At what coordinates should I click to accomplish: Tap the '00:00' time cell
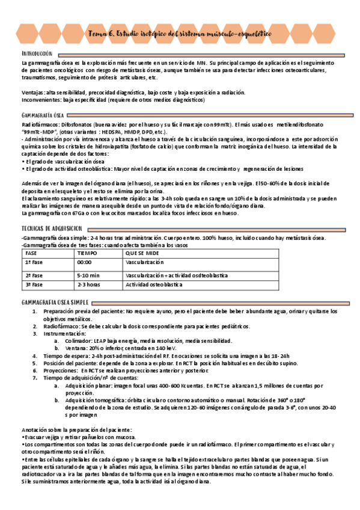click(84, 263)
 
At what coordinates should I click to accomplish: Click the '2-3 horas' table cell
click(89, 284)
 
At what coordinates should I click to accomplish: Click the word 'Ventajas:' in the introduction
click(31, 92)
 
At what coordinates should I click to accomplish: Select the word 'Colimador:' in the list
click(76, 340)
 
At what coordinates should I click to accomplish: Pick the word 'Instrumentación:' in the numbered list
click(64, 333)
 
